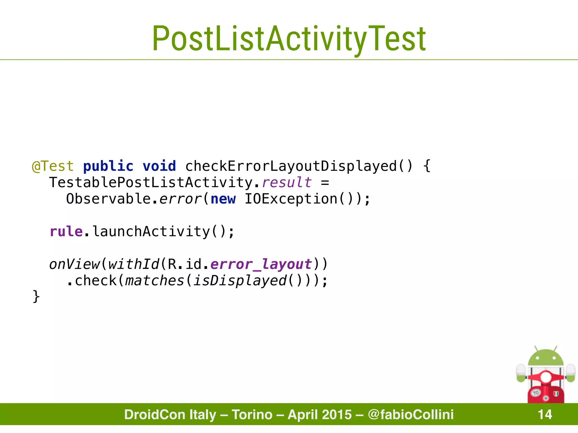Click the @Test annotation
53,166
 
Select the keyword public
108,166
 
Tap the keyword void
159,166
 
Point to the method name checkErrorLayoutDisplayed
291,166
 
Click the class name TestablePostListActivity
151,182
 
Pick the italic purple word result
287,182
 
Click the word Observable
108,199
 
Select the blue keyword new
223,199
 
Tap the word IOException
291,199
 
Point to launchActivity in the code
151,231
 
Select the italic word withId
134,264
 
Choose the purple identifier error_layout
261,264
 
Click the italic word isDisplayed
240,280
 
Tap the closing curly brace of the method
36,297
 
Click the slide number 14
545,414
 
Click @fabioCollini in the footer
411,414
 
